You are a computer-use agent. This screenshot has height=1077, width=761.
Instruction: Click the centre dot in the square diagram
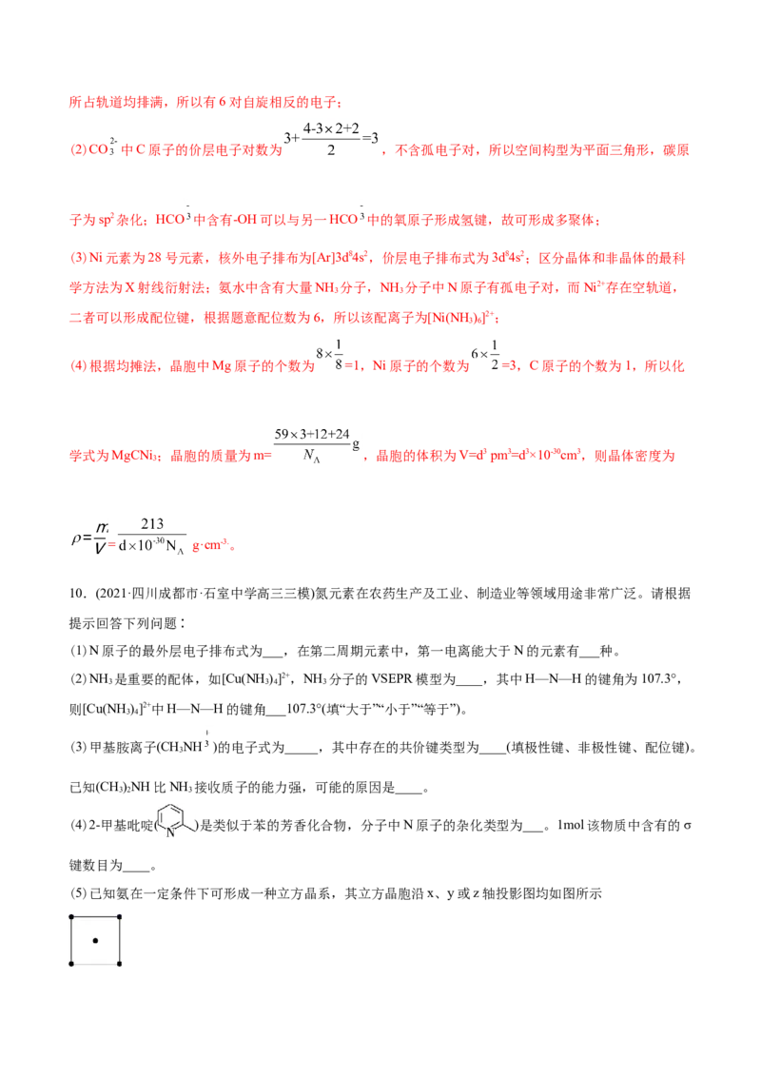click(x=95, y=940)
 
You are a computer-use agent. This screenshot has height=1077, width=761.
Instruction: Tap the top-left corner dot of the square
click(x=71, y=917)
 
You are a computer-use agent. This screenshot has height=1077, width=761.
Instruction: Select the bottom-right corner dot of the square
click(x=120, y=964)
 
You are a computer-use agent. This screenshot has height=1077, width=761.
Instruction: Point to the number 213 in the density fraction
click(x=152, y=524)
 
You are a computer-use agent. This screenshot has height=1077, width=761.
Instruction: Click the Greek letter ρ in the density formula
click(x=76, y=539)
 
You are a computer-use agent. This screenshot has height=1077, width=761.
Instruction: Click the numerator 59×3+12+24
click(x=312, y=434)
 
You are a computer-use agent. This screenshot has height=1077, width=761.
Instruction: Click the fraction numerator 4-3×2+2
click(x=331, y=128)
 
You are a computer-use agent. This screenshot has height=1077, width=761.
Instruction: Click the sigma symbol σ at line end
click(x=688, y=826)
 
